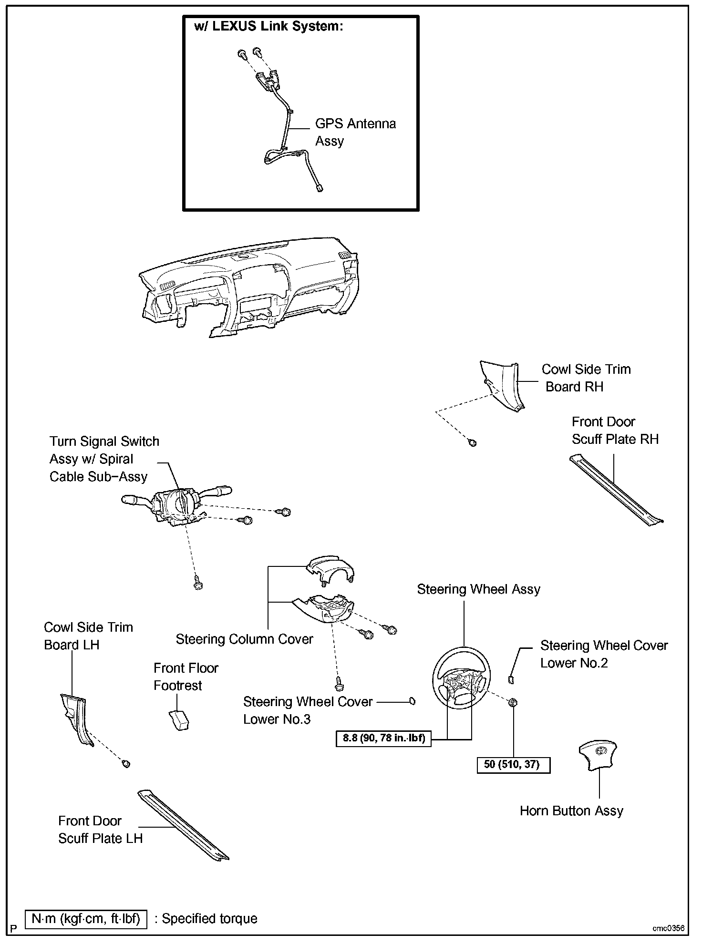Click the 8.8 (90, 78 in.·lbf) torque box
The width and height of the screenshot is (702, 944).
click(383, 739)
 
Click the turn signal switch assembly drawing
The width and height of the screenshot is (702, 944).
click(176, 506)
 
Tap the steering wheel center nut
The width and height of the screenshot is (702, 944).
click(513, 702)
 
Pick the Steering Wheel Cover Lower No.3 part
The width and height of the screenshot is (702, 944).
click(412, 701)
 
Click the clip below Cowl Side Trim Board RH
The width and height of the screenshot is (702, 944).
click(473, 443)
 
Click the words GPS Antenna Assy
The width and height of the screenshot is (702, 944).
click(355, 132)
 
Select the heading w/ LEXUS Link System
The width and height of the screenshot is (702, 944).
click(268, 26)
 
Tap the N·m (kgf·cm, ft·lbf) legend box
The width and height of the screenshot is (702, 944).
click(86, 919)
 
